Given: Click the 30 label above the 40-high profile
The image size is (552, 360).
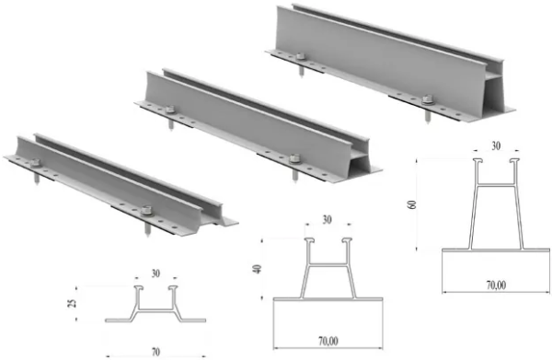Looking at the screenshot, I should point(327,221).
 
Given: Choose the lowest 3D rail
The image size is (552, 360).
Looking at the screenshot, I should point(120,180).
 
